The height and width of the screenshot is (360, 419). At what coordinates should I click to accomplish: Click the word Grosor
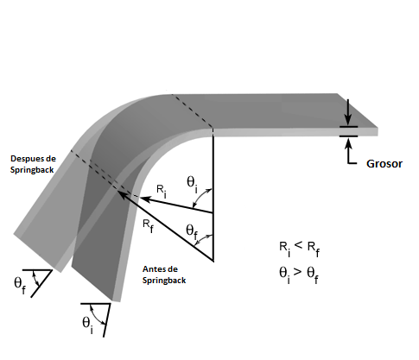pos(384,164)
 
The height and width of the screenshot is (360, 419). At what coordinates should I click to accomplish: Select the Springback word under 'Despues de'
pos(32,170)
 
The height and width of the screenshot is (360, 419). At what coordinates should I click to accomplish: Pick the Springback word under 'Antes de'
pos(164,281)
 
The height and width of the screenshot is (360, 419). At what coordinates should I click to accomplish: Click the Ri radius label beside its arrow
pos(162,191)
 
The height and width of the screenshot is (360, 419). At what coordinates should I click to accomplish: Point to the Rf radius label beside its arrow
pos(148,226)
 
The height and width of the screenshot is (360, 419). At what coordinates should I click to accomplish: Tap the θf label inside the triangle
pos(192,231)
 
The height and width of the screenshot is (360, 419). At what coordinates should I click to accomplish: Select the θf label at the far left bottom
pos(20,285)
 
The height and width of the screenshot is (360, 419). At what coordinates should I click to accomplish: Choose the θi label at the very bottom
pos(87,325)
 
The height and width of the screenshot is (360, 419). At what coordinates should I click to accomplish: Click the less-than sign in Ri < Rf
pos(299,245)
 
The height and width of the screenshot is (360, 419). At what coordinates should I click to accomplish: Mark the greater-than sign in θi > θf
pos(297,271)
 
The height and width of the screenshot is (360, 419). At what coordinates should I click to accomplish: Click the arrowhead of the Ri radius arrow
pos(144,199)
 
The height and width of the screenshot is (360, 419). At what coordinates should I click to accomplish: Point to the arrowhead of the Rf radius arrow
pos(123,194)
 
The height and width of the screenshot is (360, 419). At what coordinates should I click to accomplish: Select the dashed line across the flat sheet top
pos(193,111)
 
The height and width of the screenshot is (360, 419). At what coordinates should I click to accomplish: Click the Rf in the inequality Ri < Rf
pos(314,249)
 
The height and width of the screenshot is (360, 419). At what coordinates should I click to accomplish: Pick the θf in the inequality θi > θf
pos(313,275)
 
